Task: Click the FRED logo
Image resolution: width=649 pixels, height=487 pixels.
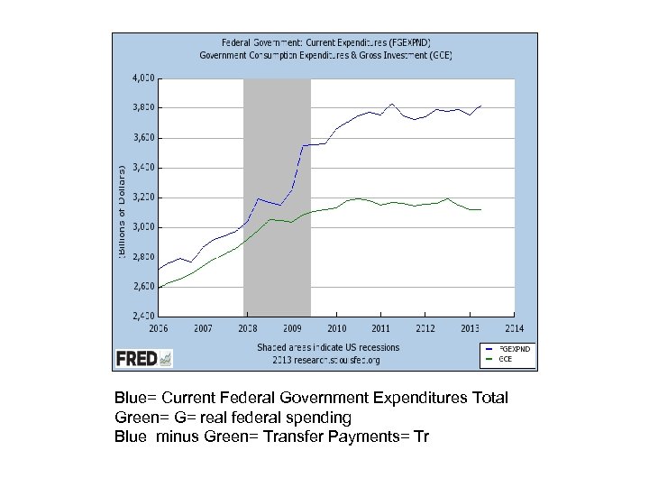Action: pyautogui.click(x=143, y=358)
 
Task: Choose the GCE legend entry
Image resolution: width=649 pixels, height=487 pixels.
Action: pyautogui.click(x=505, y=358)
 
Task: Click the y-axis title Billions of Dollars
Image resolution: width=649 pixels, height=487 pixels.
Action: pyautogui.click(x=123, y=211)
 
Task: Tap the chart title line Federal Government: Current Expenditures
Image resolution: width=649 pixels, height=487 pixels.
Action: pyautogui.click(x=327, y=42)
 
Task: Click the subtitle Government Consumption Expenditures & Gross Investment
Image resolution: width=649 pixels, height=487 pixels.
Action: pyautogui.click(x=327, y=55)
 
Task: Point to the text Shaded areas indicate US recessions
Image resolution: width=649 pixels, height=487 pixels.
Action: pyautogui.click(x=327, y=347)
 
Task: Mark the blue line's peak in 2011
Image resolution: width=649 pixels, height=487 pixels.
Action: pyautogui.click(x=391, y=104)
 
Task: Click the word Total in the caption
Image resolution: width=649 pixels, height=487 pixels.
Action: pyautogui.click(x=489, y=398)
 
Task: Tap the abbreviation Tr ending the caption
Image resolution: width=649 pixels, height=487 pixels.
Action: pyautogui.click(x=421, y=437)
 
